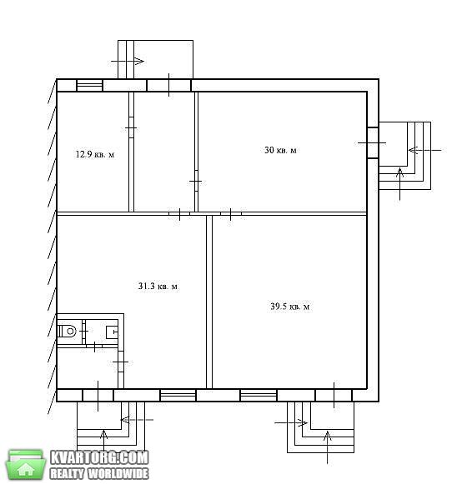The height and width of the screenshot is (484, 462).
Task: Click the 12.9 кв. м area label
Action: click(x=95, y=154)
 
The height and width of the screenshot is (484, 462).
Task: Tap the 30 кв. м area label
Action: click(x=280, y=150)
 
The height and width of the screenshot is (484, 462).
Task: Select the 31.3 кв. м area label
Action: click(x=158, y=286)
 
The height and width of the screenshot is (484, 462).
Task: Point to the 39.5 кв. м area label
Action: click(x=290, y=307)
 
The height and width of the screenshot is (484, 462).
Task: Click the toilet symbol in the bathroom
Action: click(x=68, y=332)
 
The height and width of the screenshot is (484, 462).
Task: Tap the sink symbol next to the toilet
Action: click(x=112, y=332)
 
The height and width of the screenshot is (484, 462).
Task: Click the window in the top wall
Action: click(x=89, y=86)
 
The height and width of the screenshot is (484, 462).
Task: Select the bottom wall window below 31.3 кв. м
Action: click(x=178, y=395)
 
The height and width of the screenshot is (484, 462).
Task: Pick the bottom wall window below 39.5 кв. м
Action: click(x=259, y=395)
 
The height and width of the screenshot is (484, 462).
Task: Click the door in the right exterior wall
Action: click(x=373, y=143)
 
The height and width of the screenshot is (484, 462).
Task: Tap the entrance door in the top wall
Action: click(x=168, y=85)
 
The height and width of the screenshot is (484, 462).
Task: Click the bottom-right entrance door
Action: click(x=334, y=395)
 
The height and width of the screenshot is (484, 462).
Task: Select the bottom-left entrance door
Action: click(x=98, y=395)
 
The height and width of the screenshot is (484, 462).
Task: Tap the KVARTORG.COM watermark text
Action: click(x=99, y=458)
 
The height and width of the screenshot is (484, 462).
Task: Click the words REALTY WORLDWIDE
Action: click(x=99, y=473)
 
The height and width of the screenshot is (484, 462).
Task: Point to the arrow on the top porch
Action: click(x=128, y=61)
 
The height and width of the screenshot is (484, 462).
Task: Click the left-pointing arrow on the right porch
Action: click(x=424, y=150)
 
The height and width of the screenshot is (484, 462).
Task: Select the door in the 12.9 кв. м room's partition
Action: click(x=131, y=127)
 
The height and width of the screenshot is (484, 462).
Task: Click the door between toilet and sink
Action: click(x=83, y=332)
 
